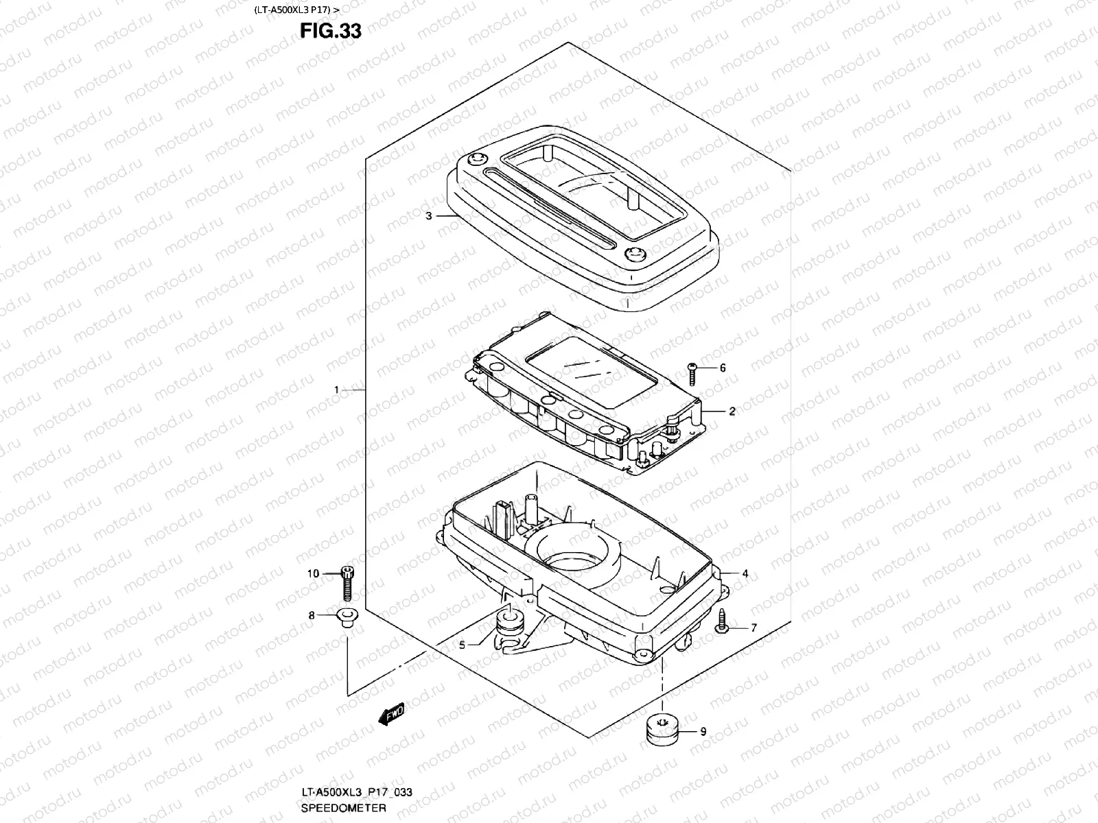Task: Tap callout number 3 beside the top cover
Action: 429,216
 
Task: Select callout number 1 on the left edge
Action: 337,390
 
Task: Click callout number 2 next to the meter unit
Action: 732,411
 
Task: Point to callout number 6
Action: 722,368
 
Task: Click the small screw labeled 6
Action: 692,373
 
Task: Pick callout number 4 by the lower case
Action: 745,573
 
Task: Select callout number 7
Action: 753,628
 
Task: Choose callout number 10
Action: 314,573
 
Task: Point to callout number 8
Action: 312,616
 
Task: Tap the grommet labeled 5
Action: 509,623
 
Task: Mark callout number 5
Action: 463,645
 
